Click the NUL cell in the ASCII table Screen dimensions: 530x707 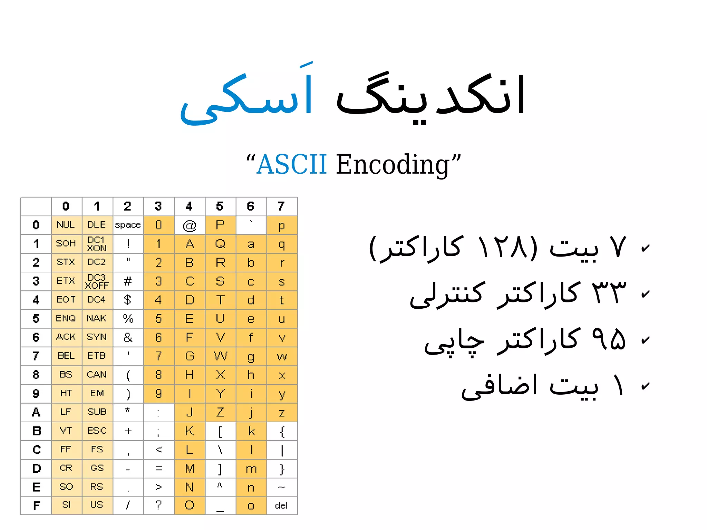point(66,225)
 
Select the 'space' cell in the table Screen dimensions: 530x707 point(128,225)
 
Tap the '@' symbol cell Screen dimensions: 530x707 point(189,225)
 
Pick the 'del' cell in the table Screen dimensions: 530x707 point(281,505)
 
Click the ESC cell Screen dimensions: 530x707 point(97,431)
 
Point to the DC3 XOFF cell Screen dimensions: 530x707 point(97,281)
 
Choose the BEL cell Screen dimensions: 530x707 point(66,356)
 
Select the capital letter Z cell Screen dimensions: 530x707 point(220,412)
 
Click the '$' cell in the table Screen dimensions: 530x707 point(128,300)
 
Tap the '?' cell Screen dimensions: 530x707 point(158,505)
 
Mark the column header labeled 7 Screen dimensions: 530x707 point(281,206)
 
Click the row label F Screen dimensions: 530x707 point(36,506)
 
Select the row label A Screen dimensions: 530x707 point(36,412)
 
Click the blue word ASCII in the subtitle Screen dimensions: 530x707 point(292,165)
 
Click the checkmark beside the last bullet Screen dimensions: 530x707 point(645,386)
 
